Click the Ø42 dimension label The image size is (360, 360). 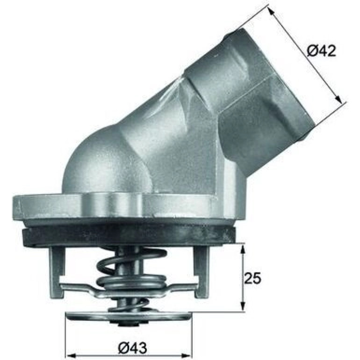click(x=321, y=51)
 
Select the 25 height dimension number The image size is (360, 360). click(x=252, y=278)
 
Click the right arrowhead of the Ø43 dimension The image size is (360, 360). click(x=187, y=356)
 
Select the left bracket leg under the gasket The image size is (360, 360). click(x=56, y=273)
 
